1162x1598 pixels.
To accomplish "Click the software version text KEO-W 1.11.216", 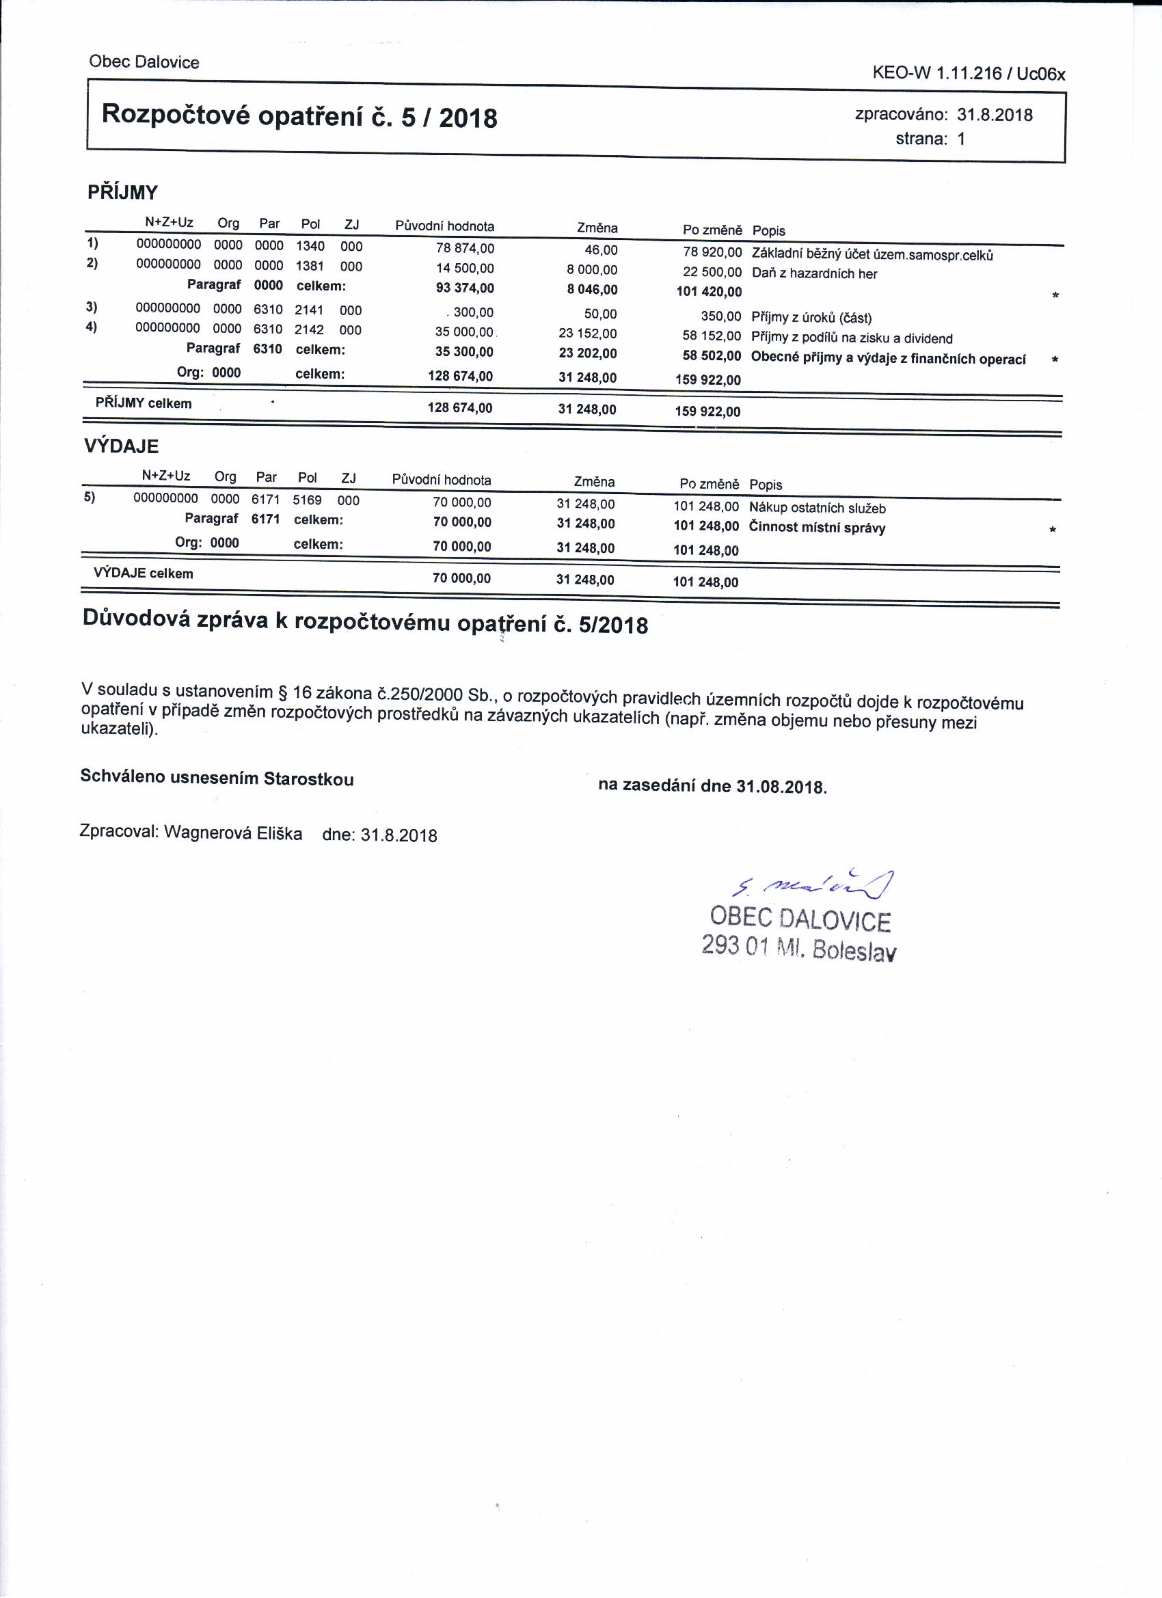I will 936,73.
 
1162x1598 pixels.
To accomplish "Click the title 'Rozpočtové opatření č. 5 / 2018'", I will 299,116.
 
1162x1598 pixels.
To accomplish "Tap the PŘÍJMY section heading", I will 122,192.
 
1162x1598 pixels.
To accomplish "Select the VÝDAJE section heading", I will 121,446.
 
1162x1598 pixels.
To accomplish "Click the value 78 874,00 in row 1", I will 465,249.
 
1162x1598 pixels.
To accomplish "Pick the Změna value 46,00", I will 600,250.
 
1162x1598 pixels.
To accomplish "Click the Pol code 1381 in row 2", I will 310,267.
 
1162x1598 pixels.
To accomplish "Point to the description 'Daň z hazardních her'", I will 814,274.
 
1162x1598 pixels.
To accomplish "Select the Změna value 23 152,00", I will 588,334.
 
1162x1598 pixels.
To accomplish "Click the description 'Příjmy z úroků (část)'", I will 811,318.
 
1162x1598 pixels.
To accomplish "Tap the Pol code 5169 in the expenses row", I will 307,500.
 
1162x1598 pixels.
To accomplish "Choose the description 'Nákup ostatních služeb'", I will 817,508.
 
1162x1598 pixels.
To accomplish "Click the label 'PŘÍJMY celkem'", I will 144,404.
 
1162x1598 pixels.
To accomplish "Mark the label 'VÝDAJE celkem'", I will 143,573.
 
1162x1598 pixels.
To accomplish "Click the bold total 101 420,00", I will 709,292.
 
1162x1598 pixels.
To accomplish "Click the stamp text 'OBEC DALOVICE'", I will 800,918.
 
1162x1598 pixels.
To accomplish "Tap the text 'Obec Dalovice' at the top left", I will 144,62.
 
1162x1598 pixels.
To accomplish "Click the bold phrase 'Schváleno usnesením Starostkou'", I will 217,778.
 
